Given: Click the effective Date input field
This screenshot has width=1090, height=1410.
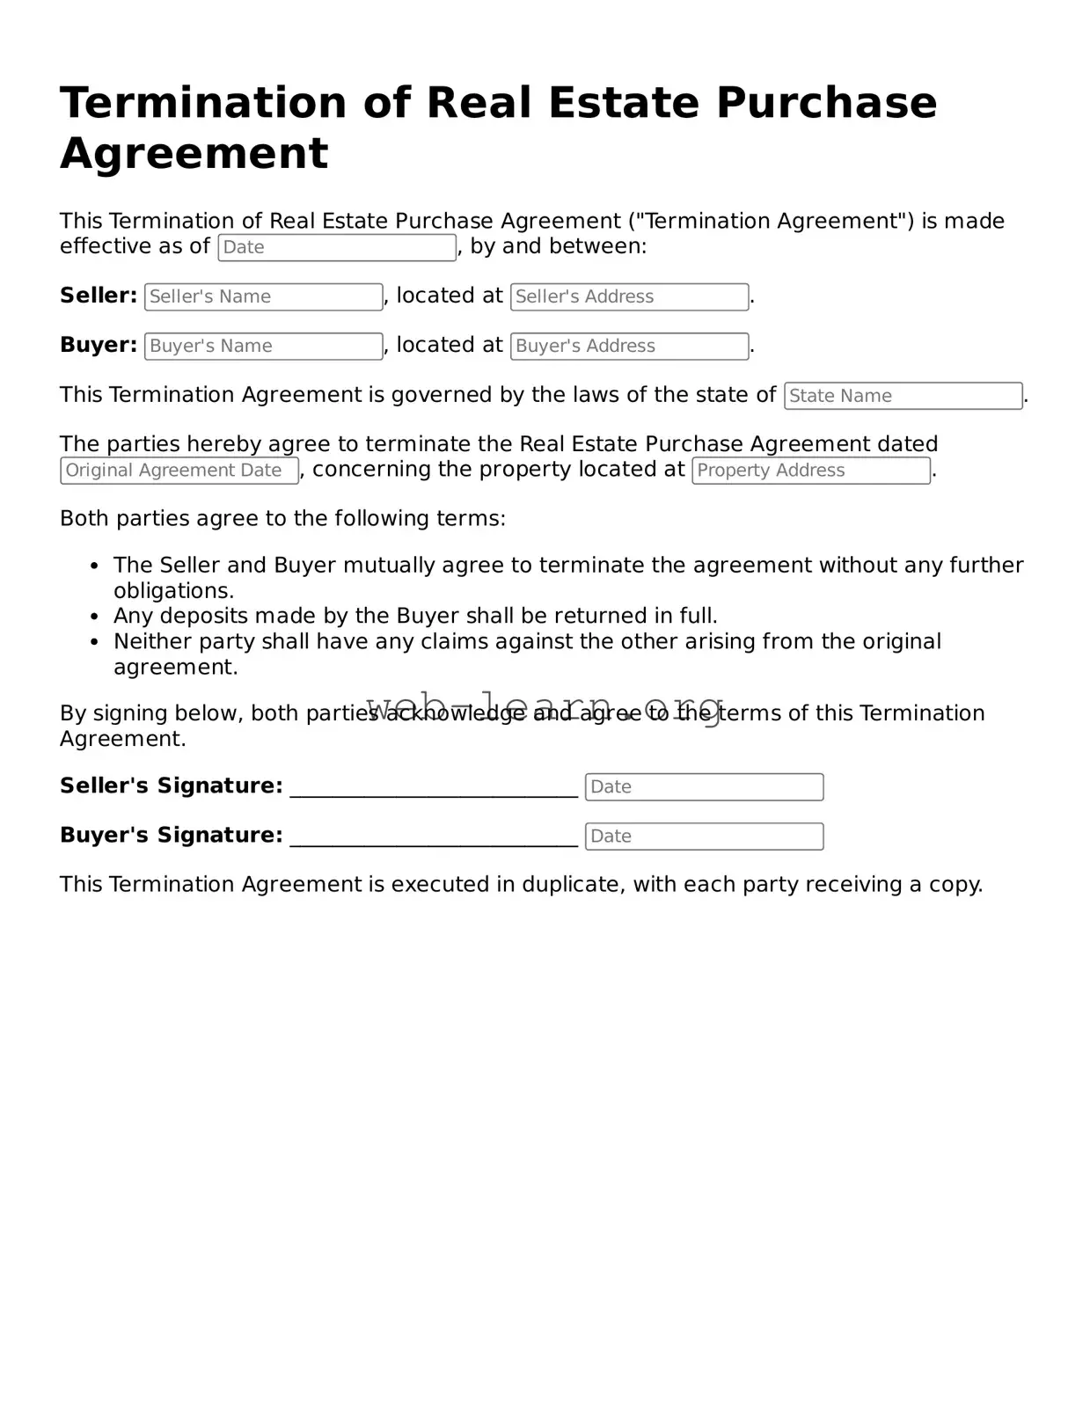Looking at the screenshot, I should pyautogui.click(x=337, y=247).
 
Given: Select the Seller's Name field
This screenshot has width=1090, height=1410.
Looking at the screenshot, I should pyautogui.click(x=264, y=296).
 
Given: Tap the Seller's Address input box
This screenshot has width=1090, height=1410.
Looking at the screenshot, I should pyautogui.click(x=630, y=296).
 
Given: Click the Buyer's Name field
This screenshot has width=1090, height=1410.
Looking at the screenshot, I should pyautogui.click(x=264, y=346).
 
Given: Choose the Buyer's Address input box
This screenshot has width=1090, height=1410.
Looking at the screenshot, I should pyautogui.click(x=630, y=346).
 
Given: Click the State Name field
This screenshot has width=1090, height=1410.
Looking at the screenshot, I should pyautogui.click(x=903, y=396).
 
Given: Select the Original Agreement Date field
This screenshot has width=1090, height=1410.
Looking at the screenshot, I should pyautogui.click(x=179, y=471).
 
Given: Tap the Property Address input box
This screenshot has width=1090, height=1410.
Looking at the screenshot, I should pyautogui.click(x=811, y=471).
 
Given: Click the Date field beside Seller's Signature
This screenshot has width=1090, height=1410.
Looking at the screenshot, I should pyautogui.click(x=704, y=787).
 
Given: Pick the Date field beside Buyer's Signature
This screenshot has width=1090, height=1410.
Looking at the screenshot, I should pyautogui.click(x=704, y=837).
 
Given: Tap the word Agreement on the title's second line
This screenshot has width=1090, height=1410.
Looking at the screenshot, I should pyautogui.click(x=194, y=153).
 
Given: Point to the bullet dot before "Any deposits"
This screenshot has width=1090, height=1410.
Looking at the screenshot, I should pyautogui.click(x=94, y=617).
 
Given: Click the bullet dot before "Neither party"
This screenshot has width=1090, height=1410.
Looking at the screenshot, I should pyautogui.click(x=94, y=642).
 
